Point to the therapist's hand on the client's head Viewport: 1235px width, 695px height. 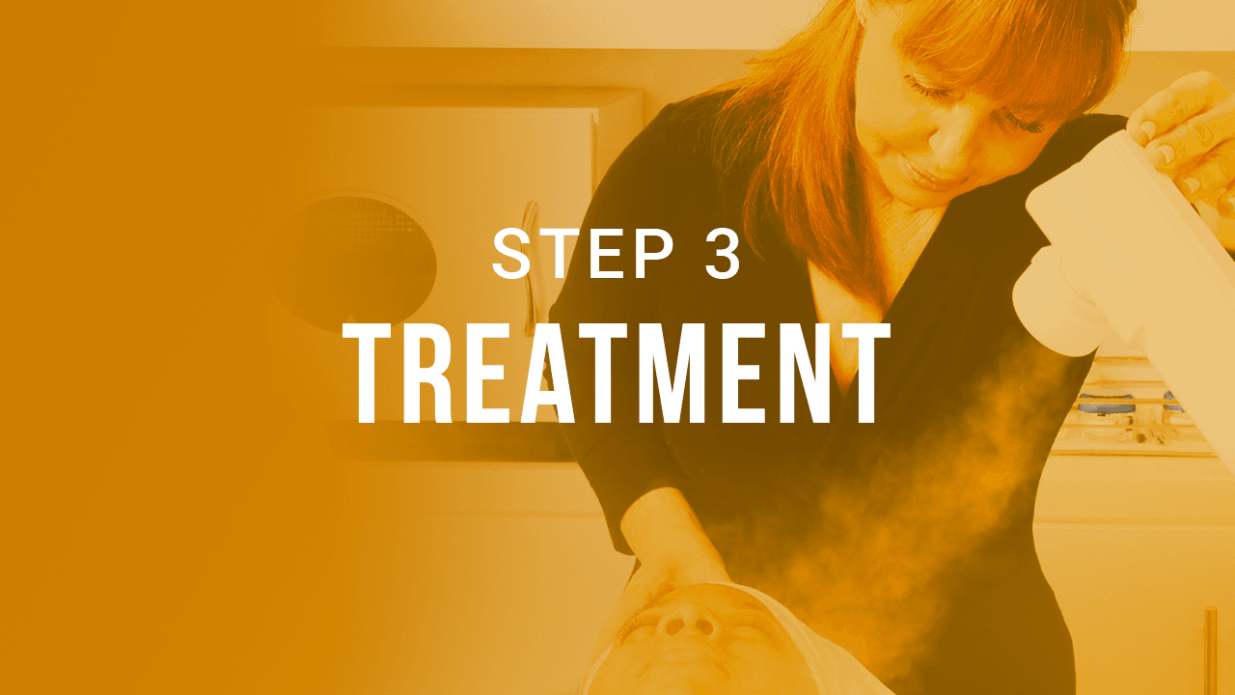tap(666, 570)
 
